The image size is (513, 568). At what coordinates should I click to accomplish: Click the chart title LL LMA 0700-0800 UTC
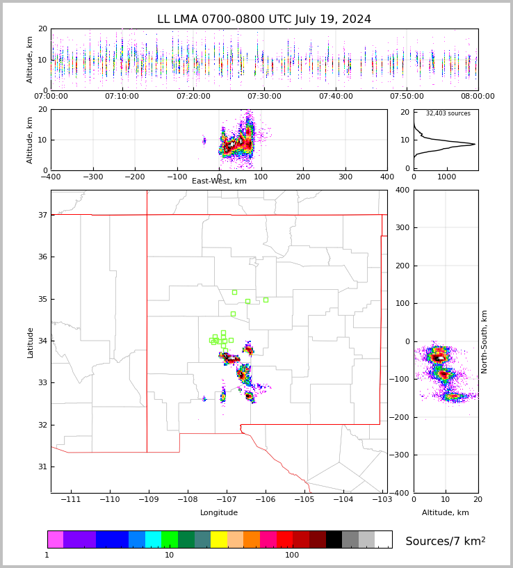point(264,19)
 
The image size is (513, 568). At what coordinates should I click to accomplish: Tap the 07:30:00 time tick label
point(264,97)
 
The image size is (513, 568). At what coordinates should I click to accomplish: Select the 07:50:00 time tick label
point(407,97)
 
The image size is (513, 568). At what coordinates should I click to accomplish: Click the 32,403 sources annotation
point(448,113)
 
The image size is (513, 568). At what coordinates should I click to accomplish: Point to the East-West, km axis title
point(219,181)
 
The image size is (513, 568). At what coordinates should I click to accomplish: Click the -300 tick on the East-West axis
point(92,177)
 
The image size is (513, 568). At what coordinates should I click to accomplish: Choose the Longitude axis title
point(219,513)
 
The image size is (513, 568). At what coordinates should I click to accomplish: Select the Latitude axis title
point(31,342)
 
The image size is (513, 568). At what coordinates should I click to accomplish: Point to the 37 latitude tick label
point(42,216)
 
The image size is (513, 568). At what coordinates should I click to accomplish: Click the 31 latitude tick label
point(42,466)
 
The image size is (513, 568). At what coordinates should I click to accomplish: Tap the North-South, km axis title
point(484,342)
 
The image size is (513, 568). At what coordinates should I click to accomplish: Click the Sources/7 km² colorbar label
point(446,541)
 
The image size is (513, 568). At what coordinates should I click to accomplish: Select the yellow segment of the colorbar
point(219,539)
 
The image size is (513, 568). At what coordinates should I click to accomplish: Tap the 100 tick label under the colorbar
point(292,555)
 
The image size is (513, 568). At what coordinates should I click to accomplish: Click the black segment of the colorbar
point(334,539)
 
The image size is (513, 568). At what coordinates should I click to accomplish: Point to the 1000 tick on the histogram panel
point(447,177)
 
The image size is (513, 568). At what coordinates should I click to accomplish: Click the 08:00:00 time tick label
point(478,97)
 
